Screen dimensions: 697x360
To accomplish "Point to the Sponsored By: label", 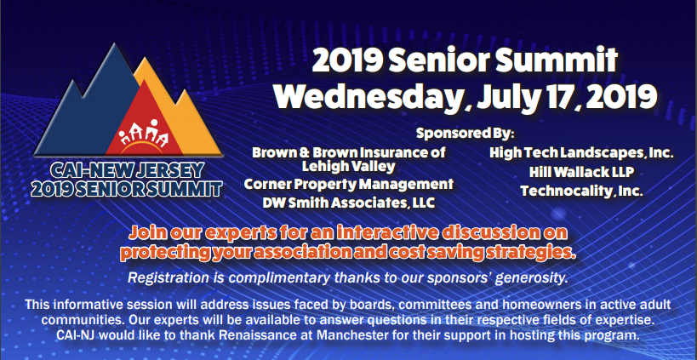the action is pyautogui.click(x=465, y=133).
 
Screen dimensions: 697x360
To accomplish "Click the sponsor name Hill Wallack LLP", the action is pyautogui.click(x=581, y=172).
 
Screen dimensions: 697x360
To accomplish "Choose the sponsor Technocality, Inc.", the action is pyautogui.click(x=582, y=191).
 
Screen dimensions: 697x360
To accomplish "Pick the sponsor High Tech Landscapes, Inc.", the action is pyautogui.click(x=581, y=152).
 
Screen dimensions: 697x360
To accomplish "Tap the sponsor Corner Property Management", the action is pyautogui.click(x=349, y=184).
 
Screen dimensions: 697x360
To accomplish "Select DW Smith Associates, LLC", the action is pyautogui.click(x=349, y=203).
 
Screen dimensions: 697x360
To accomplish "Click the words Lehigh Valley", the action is pyautogui.click(x=349, y=167).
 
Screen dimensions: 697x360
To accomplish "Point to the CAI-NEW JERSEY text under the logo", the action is pyautogui.click(x=127, y=169).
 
